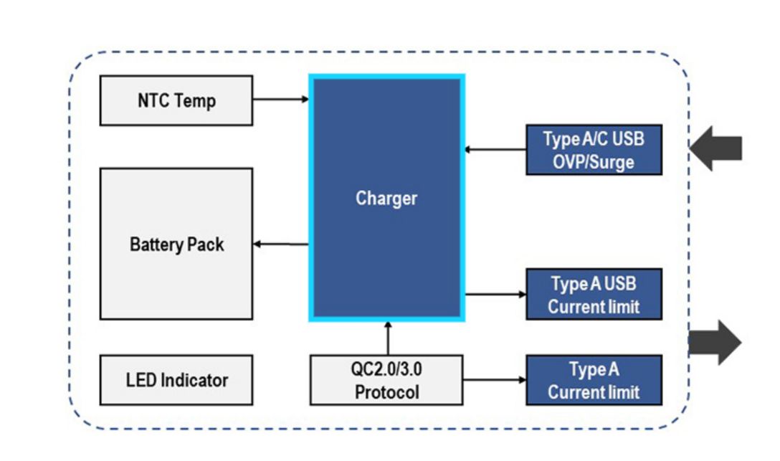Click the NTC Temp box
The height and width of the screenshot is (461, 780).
tap(176, 100)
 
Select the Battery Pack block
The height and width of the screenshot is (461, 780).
tap(176, 244)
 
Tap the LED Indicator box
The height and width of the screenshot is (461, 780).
tap(176, 379)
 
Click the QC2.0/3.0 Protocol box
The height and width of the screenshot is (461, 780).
tap(386, 379)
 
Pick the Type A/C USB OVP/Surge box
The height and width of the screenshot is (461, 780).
tap(594, 150)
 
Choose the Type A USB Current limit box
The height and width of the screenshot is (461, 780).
tap(594, 294)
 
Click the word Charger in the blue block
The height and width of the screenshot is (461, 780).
tap(386, 198)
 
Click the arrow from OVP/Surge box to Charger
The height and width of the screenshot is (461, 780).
tap(495, 150)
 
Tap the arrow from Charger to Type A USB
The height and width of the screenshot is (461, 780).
tap(495, 294)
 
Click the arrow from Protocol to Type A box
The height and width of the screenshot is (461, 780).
tap(495, 380)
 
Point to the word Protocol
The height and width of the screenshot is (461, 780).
tap(386, 392)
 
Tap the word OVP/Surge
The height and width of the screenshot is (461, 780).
tap(594, 162)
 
